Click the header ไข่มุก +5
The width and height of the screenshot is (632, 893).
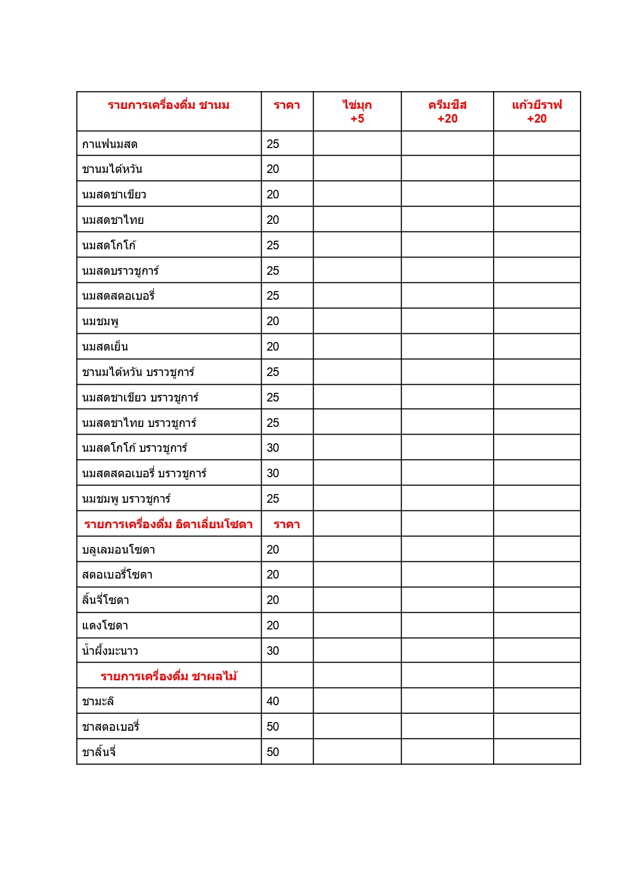click(357, 111)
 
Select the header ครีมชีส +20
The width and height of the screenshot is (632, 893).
click(447, 111)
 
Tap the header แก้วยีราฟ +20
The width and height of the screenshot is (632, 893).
click(537, 111)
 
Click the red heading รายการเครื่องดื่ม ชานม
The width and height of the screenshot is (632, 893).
click(168, 105)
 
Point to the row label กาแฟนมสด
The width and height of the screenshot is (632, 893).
click(110, 145)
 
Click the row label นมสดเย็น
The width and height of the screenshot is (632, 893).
click(105, 347)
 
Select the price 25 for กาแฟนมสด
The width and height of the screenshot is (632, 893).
click(273, 145)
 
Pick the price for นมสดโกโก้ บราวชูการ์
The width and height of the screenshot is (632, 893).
click(273, 448)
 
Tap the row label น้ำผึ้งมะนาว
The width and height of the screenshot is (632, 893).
click(110, 651)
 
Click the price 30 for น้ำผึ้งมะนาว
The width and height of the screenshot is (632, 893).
click(273, 651)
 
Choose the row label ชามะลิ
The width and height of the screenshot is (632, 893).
click(98, 702)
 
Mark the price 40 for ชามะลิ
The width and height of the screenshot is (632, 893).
click(273, 702)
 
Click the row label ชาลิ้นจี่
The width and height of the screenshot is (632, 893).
click(99, 752)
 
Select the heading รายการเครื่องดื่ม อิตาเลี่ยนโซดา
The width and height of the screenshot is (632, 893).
click(168, 525)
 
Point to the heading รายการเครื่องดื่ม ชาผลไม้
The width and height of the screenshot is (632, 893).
click(168, 677)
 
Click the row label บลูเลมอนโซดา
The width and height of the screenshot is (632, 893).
click(119, 550)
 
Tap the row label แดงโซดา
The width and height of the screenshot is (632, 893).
click(105, 626)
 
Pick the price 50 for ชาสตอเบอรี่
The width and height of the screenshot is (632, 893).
click(273, 727)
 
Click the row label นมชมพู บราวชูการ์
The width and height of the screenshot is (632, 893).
click(126, 499)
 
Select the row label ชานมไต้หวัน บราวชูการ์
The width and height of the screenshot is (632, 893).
click(138, 372)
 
